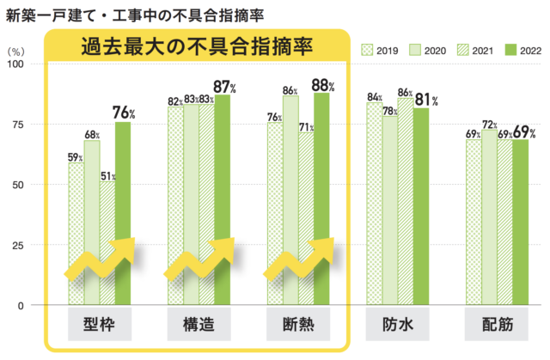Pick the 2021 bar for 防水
(406, 198)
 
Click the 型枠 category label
(101, 326)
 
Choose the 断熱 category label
(298, 326)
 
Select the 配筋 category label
(497, 326)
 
